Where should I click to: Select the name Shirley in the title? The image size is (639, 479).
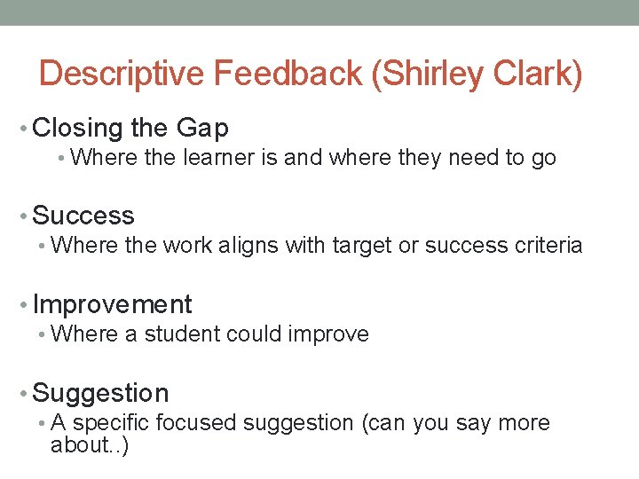[429, 75]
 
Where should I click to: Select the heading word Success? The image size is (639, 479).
[83, 216]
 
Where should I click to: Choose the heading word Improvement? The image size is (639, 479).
[112, 304]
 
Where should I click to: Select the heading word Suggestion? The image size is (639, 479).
[100, 393]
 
